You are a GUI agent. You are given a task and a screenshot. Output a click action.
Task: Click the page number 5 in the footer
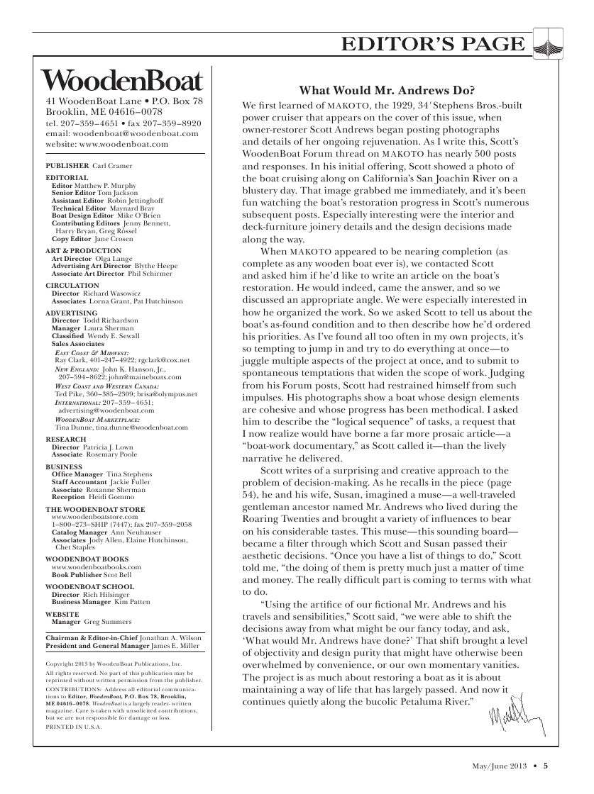pyautogui.click(x=546, y=765)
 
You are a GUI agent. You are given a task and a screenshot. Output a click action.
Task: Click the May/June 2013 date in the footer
pyautogui.click(x=502, y=765)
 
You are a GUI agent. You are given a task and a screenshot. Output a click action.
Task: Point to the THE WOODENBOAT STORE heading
pyautogui.click(x=95, y=510)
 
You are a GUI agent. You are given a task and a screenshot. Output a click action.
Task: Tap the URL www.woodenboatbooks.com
pyautogui.click(x=97, y=567)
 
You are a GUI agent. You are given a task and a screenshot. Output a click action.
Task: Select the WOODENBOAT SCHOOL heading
pyautogui.click(x=89, y=587)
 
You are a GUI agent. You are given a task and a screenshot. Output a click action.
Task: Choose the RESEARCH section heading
pyautogui.click(x=66, y=440)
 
